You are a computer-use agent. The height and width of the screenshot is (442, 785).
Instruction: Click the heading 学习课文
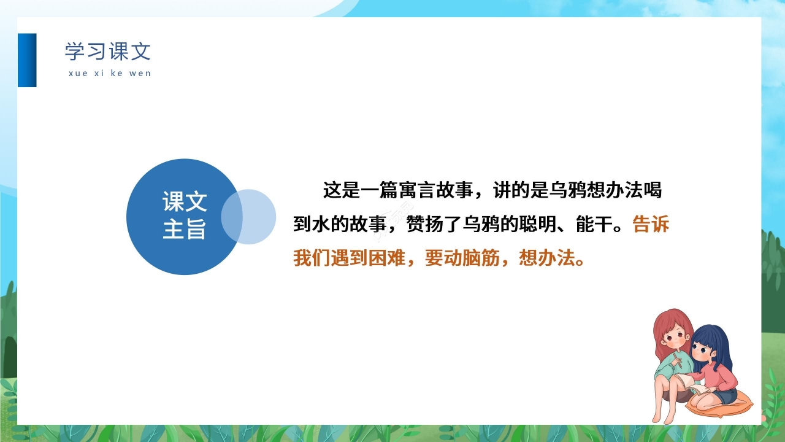[x=107, y=52]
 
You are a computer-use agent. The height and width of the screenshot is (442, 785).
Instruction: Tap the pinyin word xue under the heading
[x=78, y=73]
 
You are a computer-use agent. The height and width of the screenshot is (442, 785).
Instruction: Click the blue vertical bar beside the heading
[x=27, y=60]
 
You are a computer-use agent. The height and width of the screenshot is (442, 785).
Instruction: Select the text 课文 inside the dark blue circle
[x=184, y=201]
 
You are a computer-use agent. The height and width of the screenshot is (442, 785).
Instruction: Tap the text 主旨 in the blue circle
[x=184, y=230]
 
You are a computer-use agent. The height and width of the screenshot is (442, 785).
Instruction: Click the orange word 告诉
[x=651, y=225]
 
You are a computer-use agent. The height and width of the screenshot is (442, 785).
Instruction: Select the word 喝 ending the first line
[x=653, y=191]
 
